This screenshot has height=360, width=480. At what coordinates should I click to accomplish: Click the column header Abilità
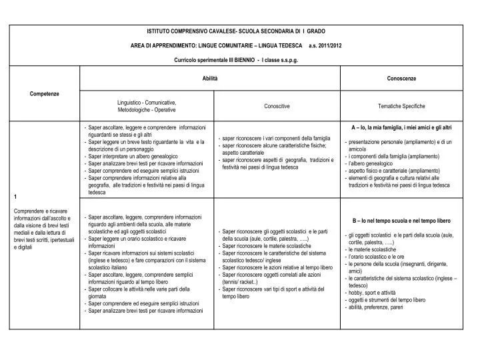210,79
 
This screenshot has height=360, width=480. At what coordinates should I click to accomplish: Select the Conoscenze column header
401,79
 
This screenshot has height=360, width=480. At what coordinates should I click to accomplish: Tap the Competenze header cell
45,93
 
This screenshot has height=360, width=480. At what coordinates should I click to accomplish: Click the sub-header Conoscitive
277,106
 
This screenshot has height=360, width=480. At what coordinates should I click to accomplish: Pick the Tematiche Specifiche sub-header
401,106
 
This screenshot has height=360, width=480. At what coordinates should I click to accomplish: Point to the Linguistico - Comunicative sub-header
147,102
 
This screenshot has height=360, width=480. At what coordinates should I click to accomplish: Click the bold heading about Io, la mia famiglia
401,127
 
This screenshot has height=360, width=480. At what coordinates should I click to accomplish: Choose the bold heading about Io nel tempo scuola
401,220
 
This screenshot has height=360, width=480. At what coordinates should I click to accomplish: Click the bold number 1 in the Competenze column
15,197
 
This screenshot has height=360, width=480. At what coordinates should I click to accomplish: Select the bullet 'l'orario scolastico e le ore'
377,257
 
